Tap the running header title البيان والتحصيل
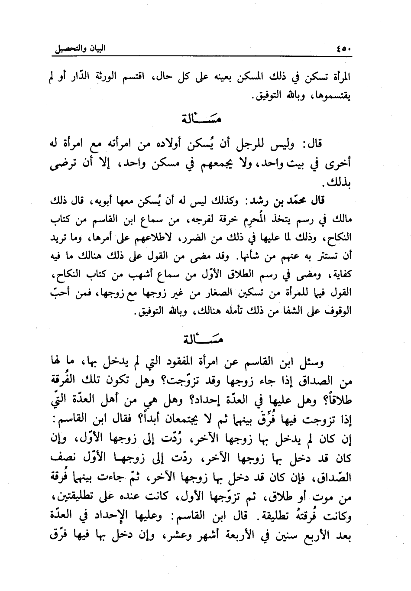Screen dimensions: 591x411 [80, 48]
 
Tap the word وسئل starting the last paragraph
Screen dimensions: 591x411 [323, 361]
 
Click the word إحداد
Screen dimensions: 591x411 [199, 399]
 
